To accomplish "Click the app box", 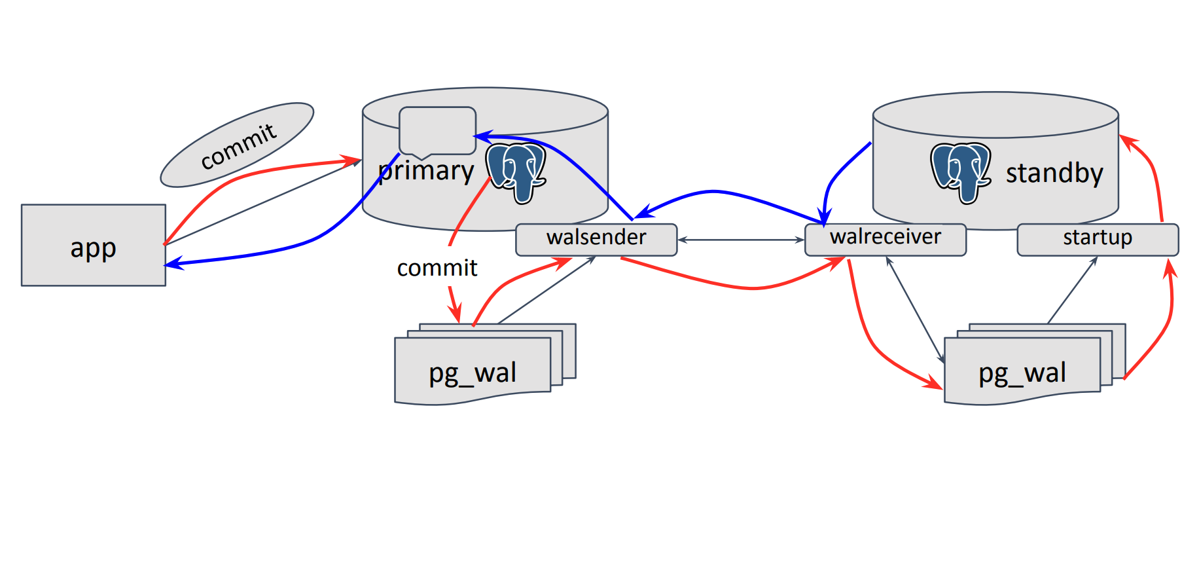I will click(x=93, y=246).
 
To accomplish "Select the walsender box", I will click(x=596, y=239).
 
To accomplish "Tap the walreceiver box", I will click(x=885, y=239).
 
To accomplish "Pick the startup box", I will click(x=1098, y=239).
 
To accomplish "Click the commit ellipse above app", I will click(x=237, y=145).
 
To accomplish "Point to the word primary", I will click(x=426, y=171).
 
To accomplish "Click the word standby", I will click(x=1054, y=174).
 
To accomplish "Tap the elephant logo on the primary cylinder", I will click(x=516, y=172).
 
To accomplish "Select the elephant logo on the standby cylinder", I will click(x=960, y=172).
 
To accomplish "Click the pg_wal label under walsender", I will click(x=473, y=373).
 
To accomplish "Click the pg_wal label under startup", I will click(x=1022, y=373).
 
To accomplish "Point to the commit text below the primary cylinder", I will click(x=437, y=268).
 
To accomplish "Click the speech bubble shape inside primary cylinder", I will click(x=437, y=130).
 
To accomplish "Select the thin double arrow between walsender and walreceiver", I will click(x=741, y=240).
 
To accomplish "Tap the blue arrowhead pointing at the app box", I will click(x=173, y=264).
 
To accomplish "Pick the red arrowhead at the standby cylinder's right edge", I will click(x=1128, y=141).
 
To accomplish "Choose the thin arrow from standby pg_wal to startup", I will click(x=1072, y=290).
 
